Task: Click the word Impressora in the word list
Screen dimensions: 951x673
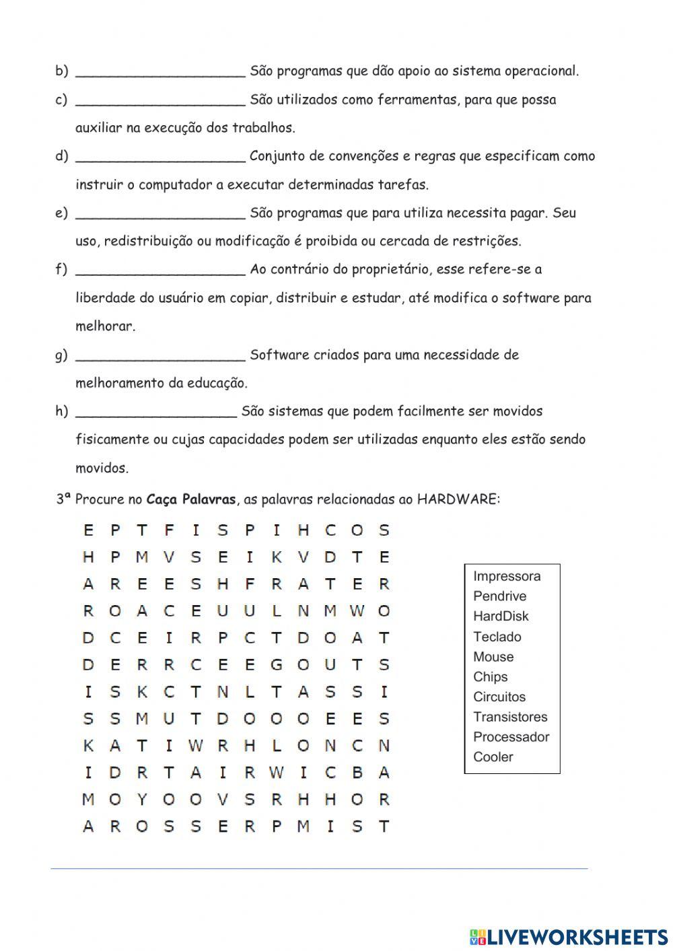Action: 507,576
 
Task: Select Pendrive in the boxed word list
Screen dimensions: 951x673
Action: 499,596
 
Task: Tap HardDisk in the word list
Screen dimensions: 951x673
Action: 501,617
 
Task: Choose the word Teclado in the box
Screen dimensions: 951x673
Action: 497,637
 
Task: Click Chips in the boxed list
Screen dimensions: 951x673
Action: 490,677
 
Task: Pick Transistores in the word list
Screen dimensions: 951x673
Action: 510,717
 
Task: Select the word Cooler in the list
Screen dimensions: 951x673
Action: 493,757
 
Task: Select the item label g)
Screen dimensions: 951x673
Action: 61,355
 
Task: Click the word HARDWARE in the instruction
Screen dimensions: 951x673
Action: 458,499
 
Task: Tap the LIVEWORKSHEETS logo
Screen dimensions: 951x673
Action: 569,936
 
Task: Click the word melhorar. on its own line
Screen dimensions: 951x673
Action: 105,326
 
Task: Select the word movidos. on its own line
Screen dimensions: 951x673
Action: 102,468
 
